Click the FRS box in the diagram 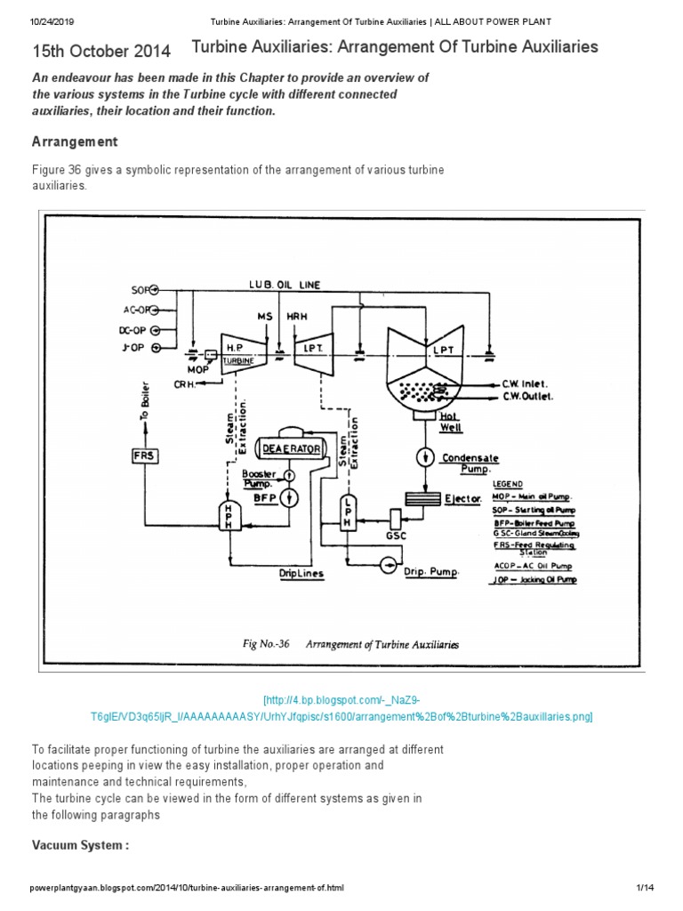143,455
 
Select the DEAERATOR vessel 289,449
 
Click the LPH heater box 348,513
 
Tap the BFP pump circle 288,497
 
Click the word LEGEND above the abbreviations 520,483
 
